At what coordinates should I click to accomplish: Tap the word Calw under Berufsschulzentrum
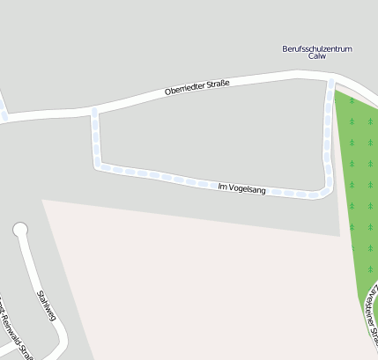pyautogui.click(x=317, y=56)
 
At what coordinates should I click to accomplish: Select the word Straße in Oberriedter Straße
pyautogui.click(x=219, y=84)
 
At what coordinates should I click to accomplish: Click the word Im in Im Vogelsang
pyautogui.click(x=222, y=185)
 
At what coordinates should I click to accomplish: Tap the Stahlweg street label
pyautogui.click(x=45, y=305)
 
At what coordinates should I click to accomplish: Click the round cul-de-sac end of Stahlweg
pyautogui.click(x=20, y=231)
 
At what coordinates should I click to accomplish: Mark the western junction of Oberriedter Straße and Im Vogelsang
pyautogui.click(x=94, y=110)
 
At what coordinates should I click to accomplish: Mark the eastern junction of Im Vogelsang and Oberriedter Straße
pyautogui.click(x=332, y=83)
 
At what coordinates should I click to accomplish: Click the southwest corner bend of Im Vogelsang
pyautogui.click(x=99, y=164)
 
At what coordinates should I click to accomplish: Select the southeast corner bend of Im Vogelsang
pyautogui.click(x=325, y=193)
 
